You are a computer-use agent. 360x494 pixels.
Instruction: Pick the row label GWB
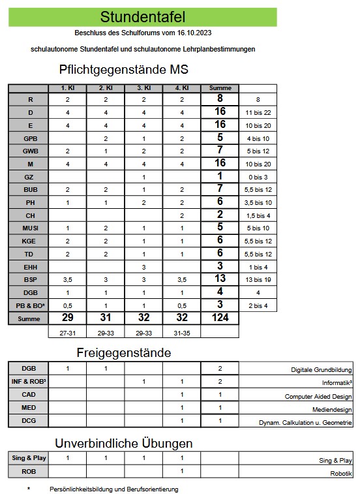[28, 151]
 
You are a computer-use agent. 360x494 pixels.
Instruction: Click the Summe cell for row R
[220, 99]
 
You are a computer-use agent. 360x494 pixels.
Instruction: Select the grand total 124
[220, 318]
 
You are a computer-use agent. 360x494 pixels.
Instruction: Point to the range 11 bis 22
[258, 112]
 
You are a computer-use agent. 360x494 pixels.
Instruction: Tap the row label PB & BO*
[28, 305]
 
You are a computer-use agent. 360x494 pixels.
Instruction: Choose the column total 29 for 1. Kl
[67, 318]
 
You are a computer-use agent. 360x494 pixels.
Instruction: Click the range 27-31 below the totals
[67, 332]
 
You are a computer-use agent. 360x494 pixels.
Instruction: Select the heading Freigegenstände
[124, 352]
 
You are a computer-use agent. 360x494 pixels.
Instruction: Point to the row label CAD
[28, 395]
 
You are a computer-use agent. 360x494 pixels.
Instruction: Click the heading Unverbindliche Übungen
[124, 443]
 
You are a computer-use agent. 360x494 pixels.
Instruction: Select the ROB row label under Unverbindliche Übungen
[28, 471]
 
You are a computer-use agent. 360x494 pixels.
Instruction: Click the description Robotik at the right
[340, 472]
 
